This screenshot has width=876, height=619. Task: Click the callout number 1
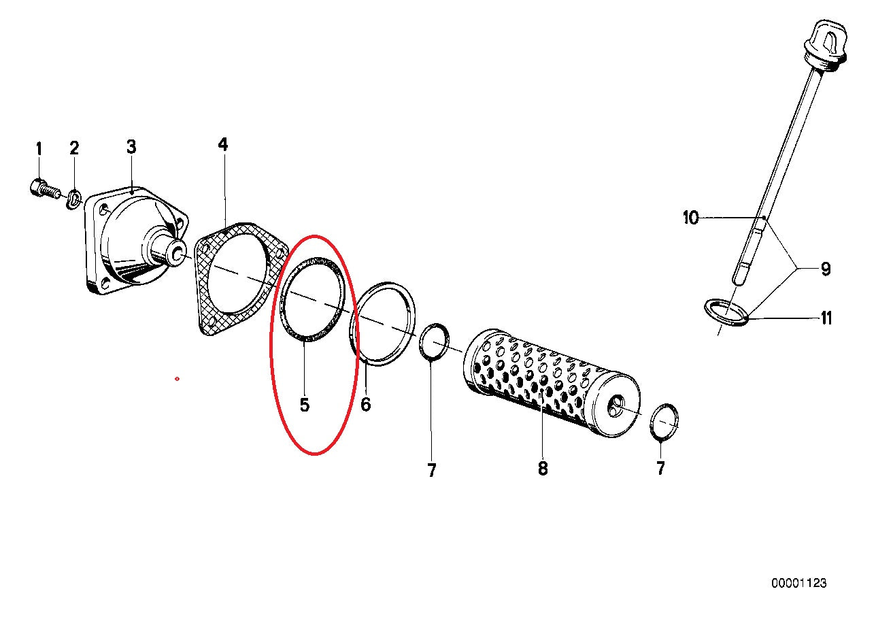coord(39,149)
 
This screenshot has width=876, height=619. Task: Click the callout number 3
coord(131,147)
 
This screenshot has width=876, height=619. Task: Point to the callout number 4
coord(223,145)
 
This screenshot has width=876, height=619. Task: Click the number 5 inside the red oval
coord(305,405)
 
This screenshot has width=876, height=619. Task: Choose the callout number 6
coord(365,404)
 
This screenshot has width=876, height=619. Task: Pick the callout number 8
coord(543,469)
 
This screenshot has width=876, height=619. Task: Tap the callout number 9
coord(825,269)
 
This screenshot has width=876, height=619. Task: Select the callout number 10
coord(690,218)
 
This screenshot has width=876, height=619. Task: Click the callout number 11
coord(826,318)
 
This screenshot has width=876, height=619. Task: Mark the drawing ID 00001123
coord(799,583)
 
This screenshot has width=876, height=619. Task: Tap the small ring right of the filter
coord(664,422)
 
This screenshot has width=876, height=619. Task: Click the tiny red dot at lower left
coord(177,378)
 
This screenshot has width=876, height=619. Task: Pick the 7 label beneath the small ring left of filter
coord(432,471)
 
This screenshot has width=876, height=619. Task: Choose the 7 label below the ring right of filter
coord(660,468)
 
